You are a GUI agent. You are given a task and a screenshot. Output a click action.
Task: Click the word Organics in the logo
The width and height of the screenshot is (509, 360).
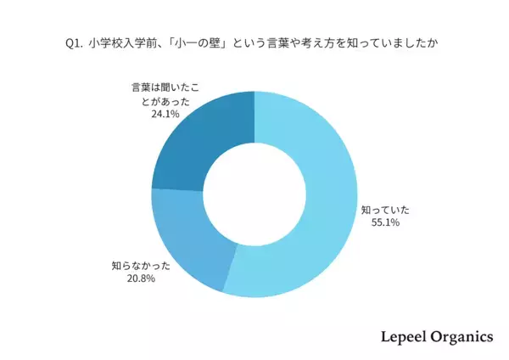tap(462, 337)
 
